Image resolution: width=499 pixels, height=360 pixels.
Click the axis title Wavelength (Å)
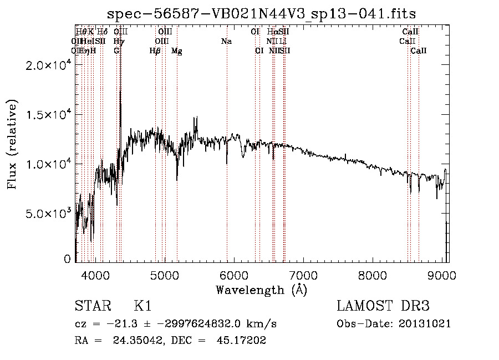coord(262,290)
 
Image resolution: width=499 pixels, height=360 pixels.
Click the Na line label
coord(226,42)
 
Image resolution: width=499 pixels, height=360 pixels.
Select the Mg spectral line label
coord(177,51)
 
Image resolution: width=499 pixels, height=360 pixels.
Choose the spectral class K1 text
coord(142,306)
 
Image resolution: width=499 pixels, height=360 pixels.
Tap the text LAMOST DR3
coord(383,306)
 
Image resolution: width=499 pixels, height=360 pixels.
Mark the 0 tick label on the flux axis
coord(67,259)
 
